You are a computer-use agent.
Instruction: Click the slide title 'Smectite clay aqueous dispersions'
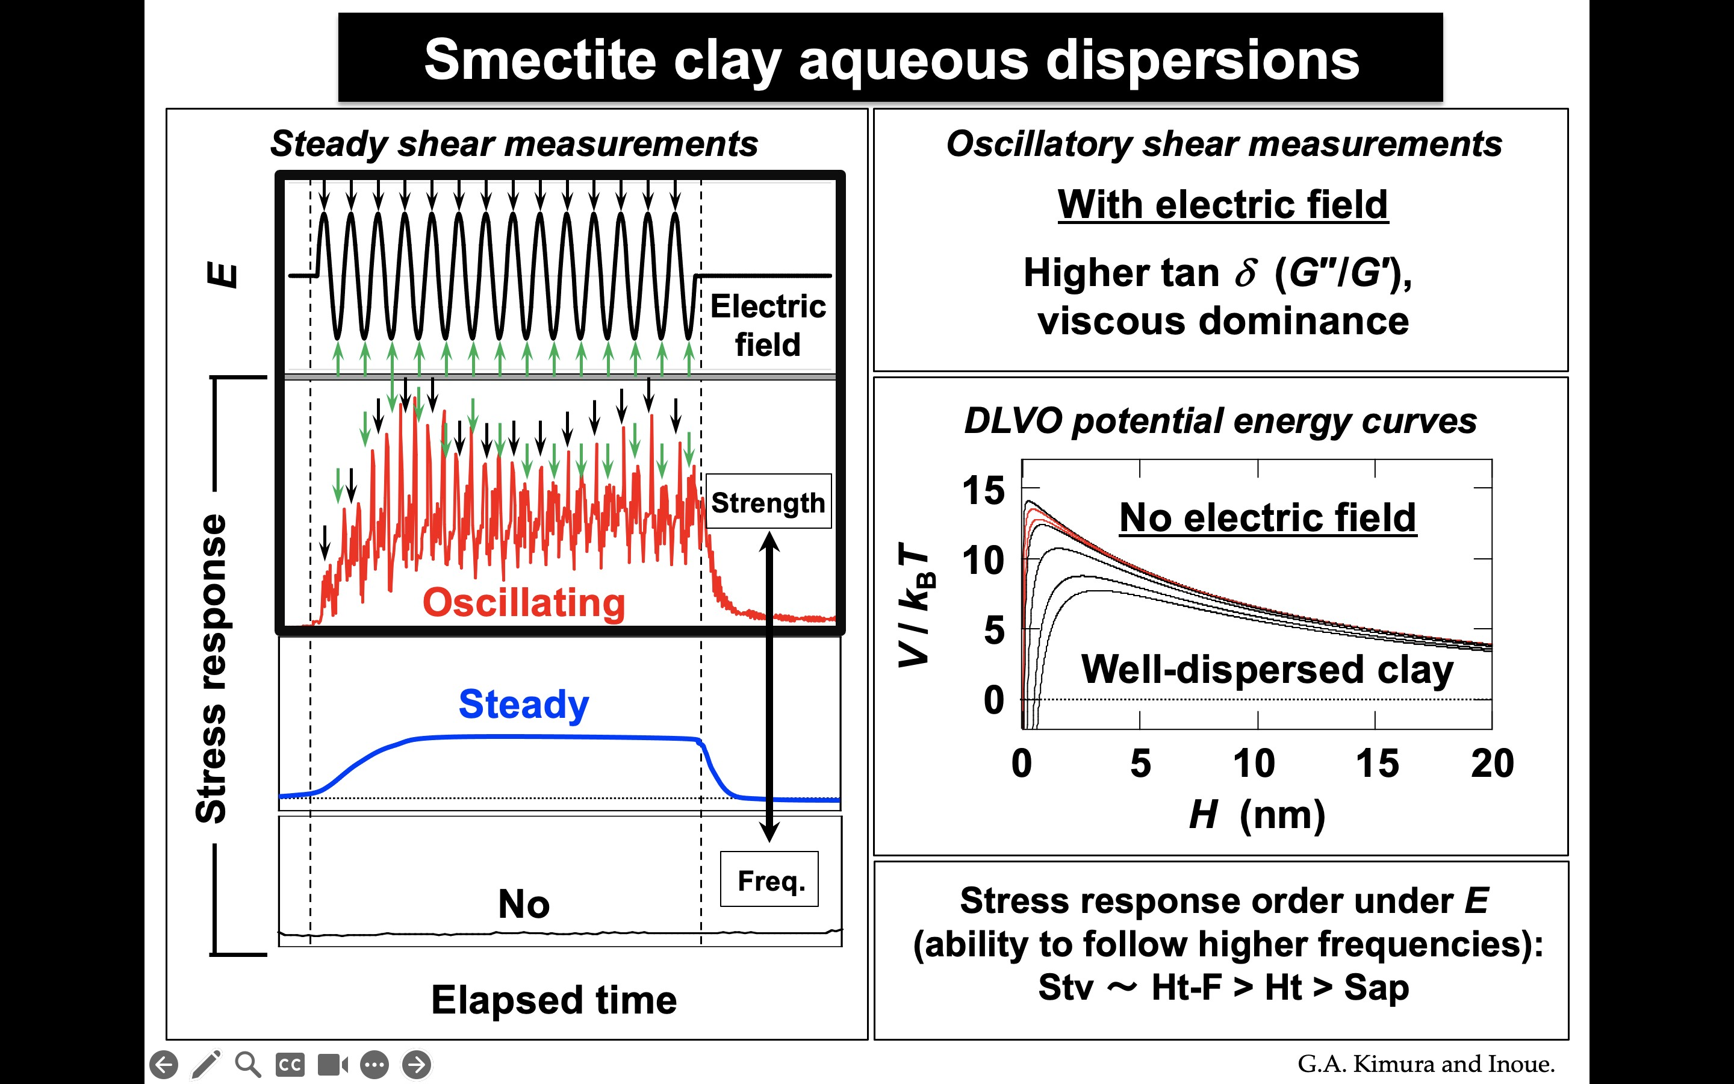click(x=890, y=60)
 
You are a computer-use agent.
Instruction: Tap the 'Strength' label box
click(x=768, y=502)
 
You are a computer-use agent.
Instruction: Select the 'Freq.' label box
click(x=769, y=880)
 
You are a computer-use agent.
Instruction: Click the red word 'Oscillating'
click(x=524, y=602)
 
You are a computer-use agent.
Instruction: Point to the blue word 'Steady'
click(x=524, y=704)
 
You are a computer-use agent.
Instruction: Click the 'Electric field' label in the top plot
click(x=768, y=325)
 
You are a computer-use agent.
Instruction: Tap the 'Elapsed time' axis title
click(x=554, y=1000)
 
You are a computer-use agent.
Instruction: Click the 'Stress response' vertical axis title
click(x=211, y=667)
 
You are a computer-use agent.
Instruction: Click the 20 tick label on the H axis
click(x=1492, y=763)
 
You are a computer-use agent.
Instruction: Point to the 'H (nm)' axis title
click(x=1257, y=814)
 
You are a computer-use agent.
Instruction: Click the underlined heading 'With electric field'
click(x=1222, y=204)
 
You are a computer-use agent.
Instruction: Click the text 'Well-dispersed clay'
click(x=1267, y=669)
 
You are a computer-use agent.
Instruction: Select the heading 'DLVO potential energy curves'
click(x=1220, y=421)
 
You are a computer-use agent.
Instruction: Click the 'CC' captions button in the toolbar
click(x=290, y=1065)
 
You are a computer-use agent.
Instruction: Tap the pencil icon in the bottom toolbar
click(x=206, y=1065)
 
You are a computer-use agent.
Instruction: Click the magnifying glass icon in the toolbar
click(x=248, y=1065)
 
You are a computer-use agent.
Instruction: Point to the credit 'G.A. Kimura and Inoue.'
click(x=1426, y=1064)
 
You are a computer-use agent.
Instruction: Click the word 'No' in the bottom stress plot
click(x=524, y=903)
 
